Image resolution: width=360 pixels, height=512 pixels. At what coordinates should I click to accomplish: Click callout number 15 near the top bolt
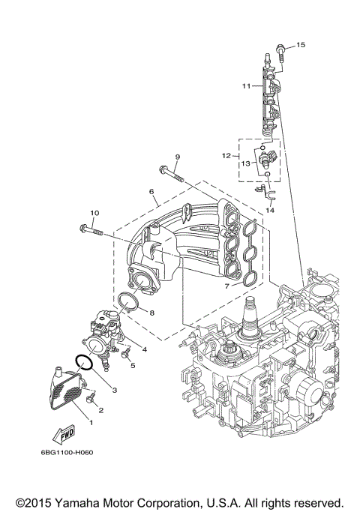(x=301, y=46)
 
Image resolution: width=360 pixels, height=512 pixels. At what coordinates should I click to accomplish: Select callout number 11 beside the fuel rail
(x=245, y=86)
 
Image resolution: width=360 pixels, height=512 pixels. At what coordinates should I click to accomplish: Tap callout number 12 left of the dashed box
(x=225, y=155)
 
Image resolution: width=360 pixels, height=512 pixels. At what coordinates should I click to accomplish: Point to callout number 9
(x=177, y=157)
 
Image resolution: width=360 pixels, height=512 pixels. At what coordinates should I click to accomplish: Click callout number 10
(x=94, y=213)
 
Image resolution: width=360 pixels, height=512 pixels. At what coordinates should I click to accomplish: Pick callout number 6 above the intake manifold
(x=152, y=192)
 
